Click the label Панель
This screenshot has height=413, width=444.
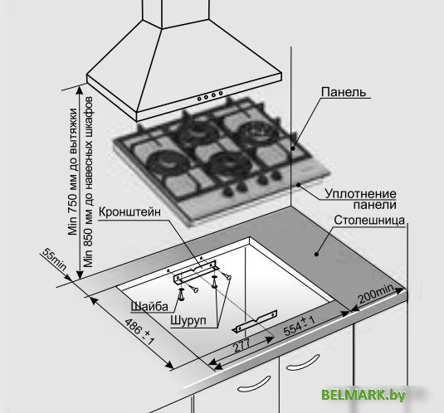(344, 92)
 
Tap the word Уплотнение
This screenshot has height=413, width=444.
(360, 194)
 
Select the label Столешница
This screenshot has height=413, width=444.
(369, 220)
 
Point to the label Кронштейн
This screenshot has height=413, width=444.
(129, 211)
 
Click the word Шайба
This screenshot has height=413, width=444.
(149, 306)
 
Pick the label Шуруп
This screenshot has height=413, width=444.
(188, 320)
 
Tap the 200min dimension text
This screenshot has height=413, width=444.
(376, 294)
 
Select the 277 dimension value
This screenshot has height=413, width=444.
(242, 345)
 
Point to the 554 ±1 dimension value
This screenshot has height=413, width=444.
(299, 326)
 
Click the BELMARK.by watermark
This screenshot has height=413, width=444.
(363, 395)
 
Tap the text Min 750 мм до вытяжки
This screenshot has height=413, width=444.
(73, 172)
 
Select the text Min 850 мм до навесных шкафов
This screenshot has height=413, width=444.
(88, 182)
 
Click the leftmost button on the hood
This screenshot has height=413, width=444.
(199, 99)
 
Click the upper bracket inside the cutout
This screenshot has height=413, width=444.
(196, 272)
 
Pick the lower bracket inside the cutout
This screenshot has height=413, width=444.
(255, 321)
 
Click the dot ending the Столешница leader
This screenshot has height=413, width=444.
(316, 254)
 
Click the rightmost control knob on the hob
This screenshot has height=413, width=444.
(276, 176)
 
